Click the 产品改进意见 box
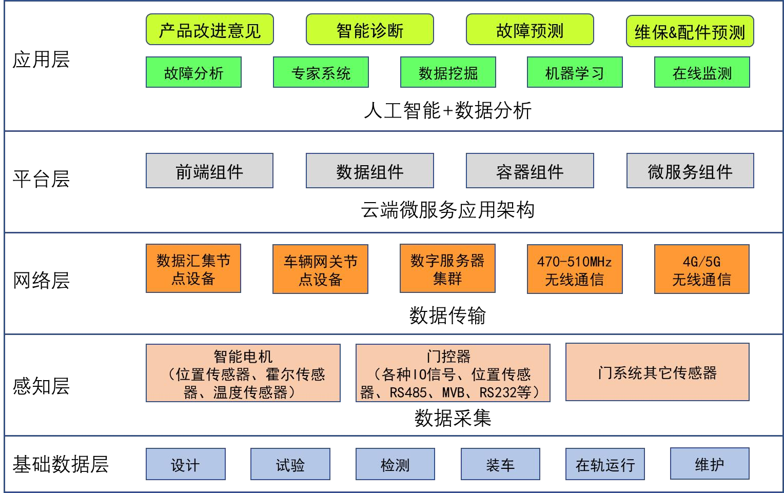click(209, 30)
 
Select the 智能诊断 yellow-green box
click(369, 30)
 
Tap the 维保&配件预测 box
click(690, 32)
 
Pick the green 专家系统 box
click(321, 72)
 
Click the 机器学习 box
click(575, 72)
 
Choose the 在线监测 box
click(702, 72)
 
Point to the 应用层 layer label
click(41, 60)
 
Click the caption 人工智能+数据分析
click(447, 110)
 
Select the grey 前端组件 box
click(209, 171)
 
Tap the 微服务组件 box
click(690, 171)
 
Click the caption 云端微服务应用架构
click(447, 210)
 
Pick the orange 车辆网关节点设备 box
click(320, 269)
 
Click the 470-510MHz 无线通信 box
click(575, 269)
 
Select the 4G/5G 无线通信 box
click(701, 269)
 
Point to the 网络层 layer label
click(41, 281)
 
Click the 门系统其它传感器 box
click(657, 372)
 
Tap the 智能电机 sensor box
click(243, 373)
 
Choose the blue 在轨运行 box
click(605, 464)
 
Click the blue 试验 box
click(290, 464)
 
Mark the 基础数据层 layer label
click(61, 464)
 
